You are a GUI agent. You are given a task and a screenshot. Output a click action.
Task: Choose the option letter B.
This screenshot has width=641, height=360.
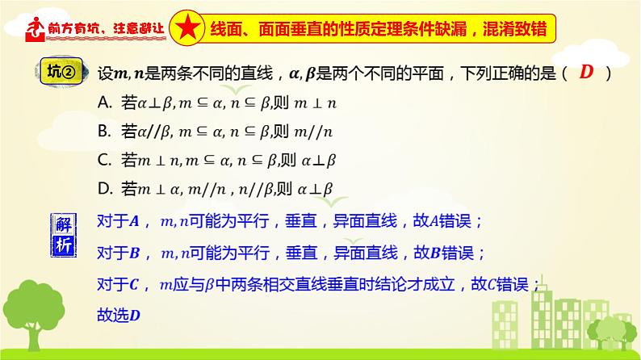[103, 130]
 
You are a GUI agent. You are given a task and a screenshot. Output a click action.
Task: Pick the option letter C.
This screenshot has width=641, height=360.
[103, 159]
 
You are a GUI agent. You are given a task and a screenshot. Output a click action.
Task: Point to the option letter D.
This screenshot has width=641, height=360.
[103, 188]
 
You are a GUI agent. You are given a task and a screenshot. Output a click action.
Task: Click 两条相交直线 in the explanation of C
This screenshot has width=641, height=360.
[253, 284]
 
